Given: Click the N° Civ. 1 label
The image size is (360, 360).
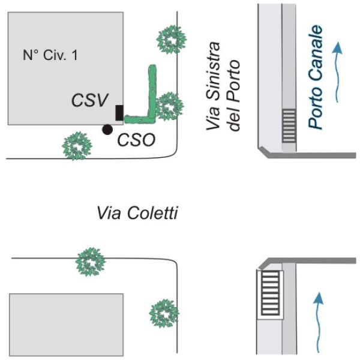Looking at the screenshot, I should pos(50,56).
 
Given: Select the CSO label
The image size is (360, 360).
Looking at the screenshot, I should pos(136,140).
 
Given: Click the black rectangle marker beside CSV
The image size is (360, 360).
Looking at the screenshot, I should pos(119,112).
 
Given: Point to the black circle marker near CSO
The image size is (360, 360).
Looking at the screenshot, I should pos(107,128).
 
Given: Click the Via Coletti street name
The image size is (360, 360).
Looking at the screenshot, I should pos(137,213).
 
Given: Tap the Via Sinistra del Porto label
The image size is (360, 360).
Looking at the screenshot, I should pos(223,86).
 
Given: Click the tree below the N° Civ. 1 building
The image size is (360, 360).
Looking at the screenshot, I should pos(77,146).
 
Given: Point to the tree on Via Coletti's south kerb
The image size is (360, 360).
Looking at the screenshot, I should pos(90,262).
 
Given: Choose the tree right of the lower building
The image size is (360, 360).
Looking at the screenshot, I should pos(163,313).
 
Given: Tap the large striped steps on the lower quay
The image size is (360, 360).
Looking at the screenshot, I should pos(271,293).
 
